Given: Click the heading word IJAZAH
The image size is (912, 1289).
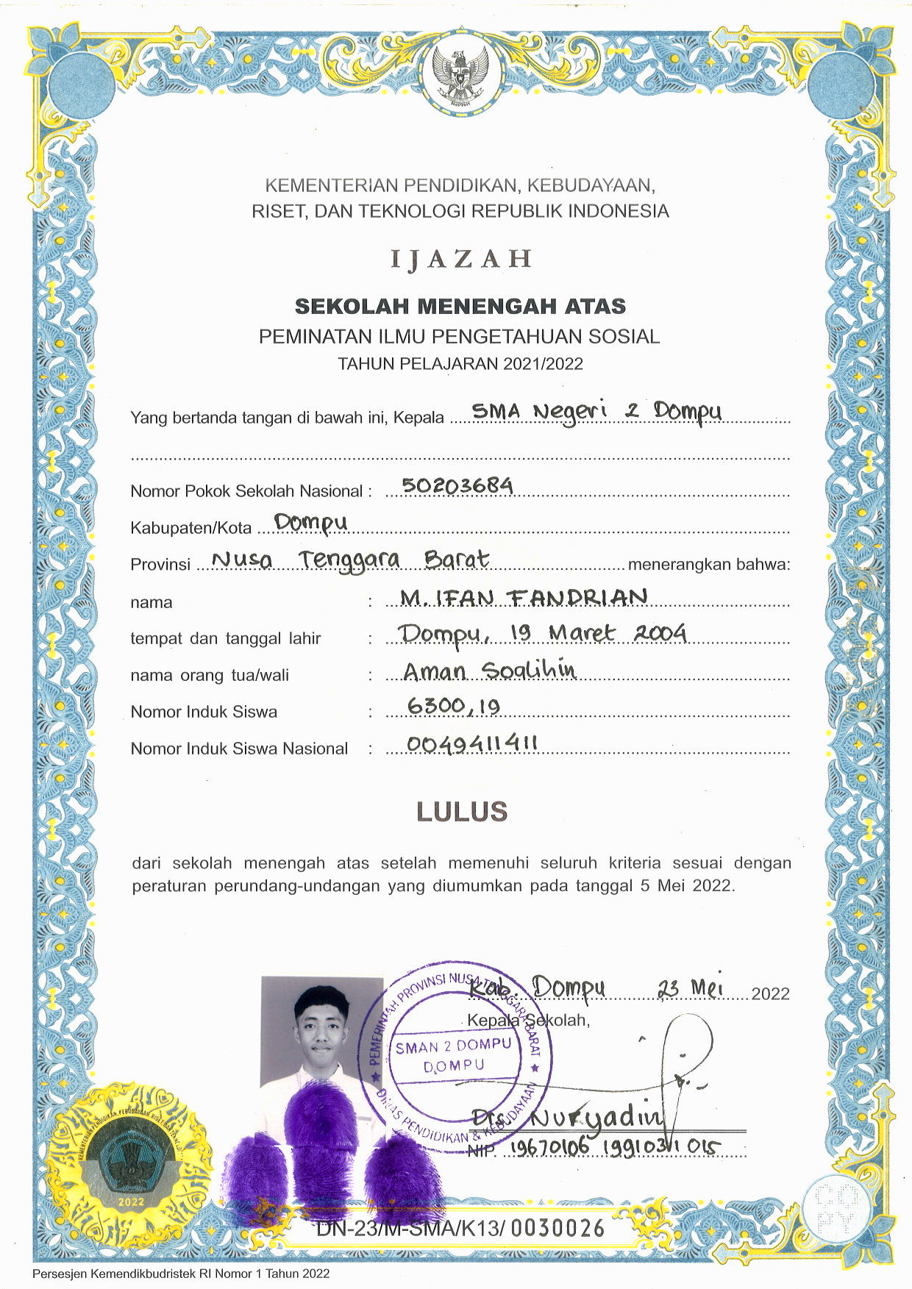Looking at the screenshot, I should coord(460,259).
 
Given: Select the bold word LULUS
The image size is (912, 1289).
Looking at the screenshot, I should coord(462,811).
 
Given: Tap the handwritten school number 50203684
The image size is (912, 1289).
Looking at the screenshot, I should coord(457,485).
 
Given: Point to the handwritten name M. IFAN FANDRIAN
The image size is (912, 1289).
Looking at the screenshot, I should coord(524,596).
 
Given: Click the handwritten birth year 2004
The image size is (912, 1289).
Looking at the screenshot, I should coord(660,632).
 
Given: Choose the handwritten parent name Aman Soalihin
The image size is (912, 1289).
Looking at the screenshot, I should coord(489,670).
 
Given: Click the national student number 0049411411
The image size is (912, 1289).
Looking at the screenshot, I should coord(471,744).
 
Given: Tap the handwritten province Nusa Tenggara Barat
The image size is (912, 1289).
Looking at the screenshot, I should coord(350,560).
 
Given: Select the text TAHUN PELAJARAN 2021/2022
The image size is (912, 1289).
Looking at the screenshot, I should coord(460,364).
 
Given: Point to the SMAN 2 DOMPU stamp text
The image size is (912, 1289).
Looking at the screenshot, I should coord(453,1046).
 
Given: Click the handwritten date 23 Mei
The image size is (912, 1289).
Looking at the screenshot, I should coord(691,988).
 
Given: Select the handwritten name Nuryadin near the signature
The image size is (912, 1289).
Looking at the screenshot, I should coord(596,1118).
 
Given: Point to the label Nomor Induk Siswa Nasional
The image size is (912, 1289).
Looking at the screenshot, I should coord(239,749).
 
